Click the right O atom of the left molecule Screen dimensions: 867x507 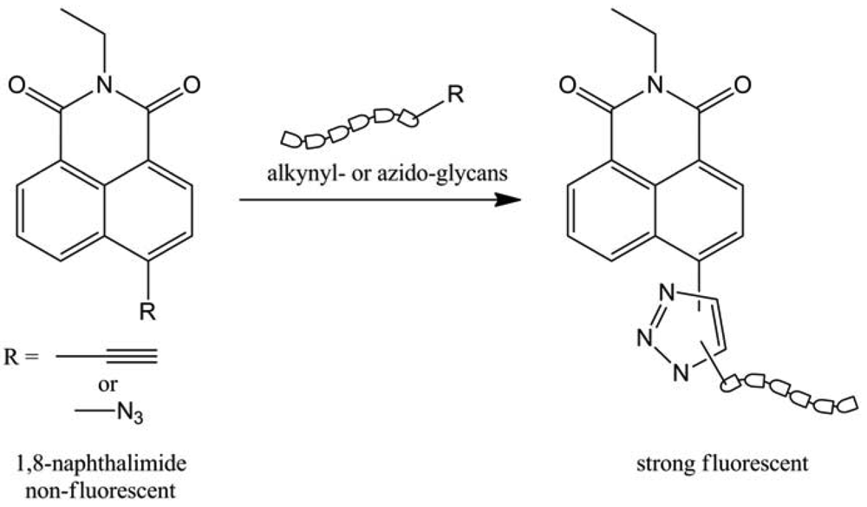tap(192, 85)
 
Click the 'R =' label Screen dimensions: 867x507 tap(23, 355)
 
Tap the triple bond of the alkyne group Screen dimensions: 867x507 tap(134, 354)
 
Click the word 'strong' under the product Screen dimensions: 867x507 tap(668, 464)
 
